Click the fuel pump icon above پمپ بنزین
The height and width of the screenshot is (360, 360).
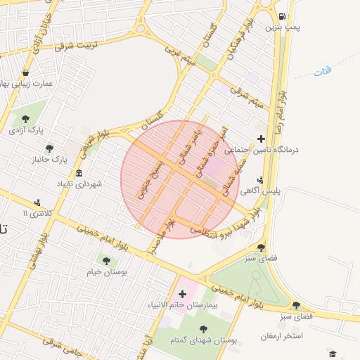[x=282, y=16]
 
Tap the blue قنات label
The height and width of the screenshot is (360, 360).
[x=322, y=72]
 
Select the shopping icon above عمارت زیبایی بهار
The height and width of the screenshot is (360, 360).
[x=25, y=72]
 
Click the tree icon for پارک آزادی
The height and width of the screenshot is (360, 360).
[x=26, y=118]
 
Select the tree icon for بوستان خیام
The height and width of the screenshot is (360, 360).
[x=106, y=260]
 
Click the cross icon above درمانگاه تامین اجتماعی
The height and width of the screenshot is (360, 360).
[x=262, y=139]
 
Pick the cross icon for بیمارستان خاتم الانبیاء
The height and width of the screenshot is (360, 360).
[x=183, y=292]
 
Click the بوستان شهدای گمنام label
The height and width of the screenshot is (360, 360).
[x=202, y=340]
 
